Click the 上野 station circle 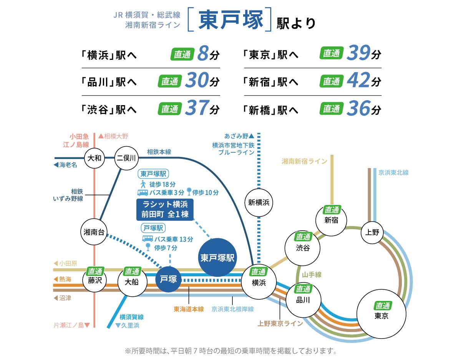(x=372, y=232)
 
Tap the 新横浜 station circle (x=258, y=202)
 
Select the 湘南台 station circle (x=94, y=232)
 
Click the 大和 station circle (x=95, y=158)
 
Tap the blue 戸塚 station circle (x=168, y=279)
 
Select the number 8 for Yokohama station (x=203, y=53)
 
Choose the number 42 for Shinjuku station (x=358, y=81)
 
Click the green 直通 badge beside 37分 (x=169, y=109)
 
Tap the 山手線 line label (x=312, y=274)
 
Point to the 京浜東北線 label (x=393, y=173)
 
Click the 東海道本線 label (x=189, y=309)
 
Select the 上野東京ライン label (x=280, y=324)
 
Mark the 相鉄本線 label (x=159, y=152)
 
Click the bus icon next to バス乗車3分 (x=143, y=192)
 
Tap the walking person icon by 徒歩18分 (x=143, y=183)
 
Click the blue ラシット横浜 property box (x=165, y=209)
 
